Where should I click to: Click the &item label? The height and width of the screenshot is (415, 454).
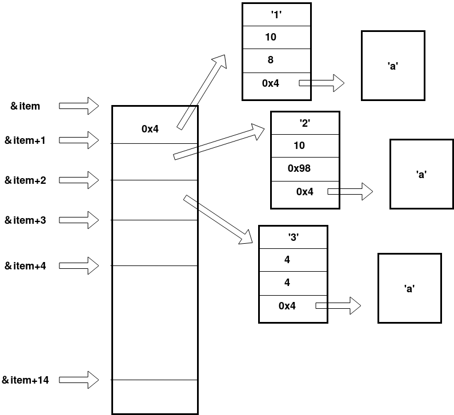point(25,106)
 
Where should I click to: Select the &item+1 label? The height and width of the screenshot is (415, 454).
point(25,140)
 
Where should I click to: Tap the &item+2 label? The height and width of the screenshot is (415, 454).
point(25,180)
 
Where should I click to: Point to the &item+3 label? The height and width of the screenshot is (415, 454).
point(25,220)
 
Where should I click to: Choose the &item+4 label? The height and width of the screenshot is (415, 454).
point(25,265)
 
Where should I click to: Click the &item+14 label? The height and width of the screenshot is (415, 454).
point(26,380)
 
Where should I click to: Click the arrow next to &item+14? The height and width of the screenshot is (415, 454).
point(79,380)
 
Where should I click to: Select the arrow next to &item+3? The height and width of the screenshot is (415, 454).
point(79,220)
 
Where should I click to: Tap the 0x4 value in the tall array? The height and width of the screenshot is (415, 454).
point(150,129)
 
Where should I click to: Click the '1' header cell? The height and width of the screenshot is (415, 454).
point(276,15)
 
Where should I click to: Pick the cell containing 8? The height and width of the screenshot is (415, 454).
point(276,60)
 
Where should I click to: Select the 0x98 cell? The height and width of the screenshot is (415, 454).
point(304,168)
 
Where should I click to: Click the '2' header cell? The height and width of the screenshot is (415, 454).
point(304,123)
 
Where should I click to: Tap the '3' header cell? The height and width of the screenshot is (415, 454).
point(293,237)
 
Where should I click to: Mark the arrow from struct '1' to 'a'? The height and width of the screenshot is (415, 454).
point(322,83)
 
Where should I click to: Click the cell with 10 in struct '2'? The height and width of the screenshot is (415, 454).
point(304,146)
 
